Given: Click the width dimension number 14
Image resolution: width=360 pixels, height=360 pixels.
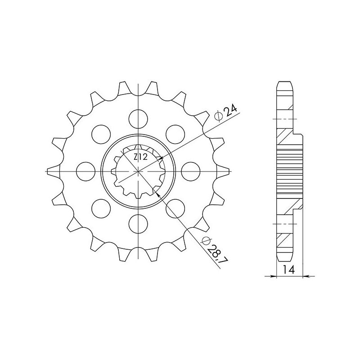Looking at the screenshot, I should coord(289,270).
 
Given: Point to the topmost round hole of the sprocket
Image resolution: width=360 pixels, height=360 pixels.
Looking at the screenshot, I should coord(139,117).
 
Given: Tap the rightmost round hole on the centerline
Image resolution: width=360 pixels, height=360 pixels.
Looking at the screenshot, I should coord(192,171).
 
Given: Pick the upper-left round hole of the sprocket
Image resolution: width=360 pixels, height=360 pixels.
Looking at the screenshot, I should coord(100,134).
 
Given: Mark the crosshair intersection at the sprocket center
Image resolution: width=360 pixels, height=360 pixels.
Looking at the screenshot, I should coord(139,171).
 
